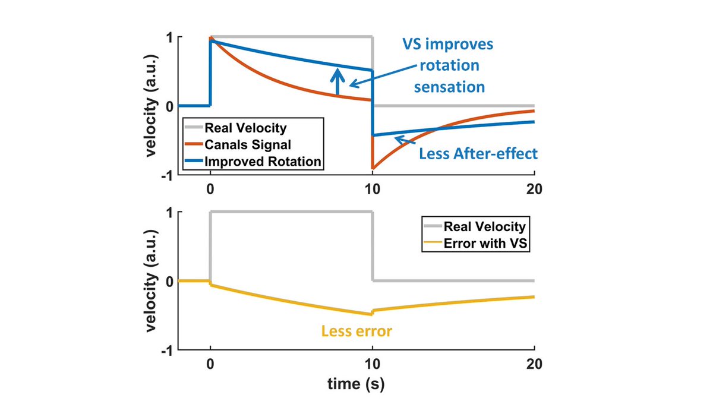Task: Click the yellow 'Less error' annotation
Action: [x=356, y=331]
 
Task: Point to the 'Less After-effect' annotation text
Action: [x=478, y=154]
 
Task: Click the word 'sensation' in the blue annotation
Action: [x=449, y=87]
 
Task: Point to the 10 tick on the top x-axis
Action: [x=373, y=190]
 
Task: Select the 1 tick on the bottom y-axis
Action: [x=171, y=212]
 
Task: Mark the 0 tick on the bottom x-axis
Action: [x=210, y=364]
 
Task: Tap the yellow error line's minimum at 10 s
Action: [x=371, y=314]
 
